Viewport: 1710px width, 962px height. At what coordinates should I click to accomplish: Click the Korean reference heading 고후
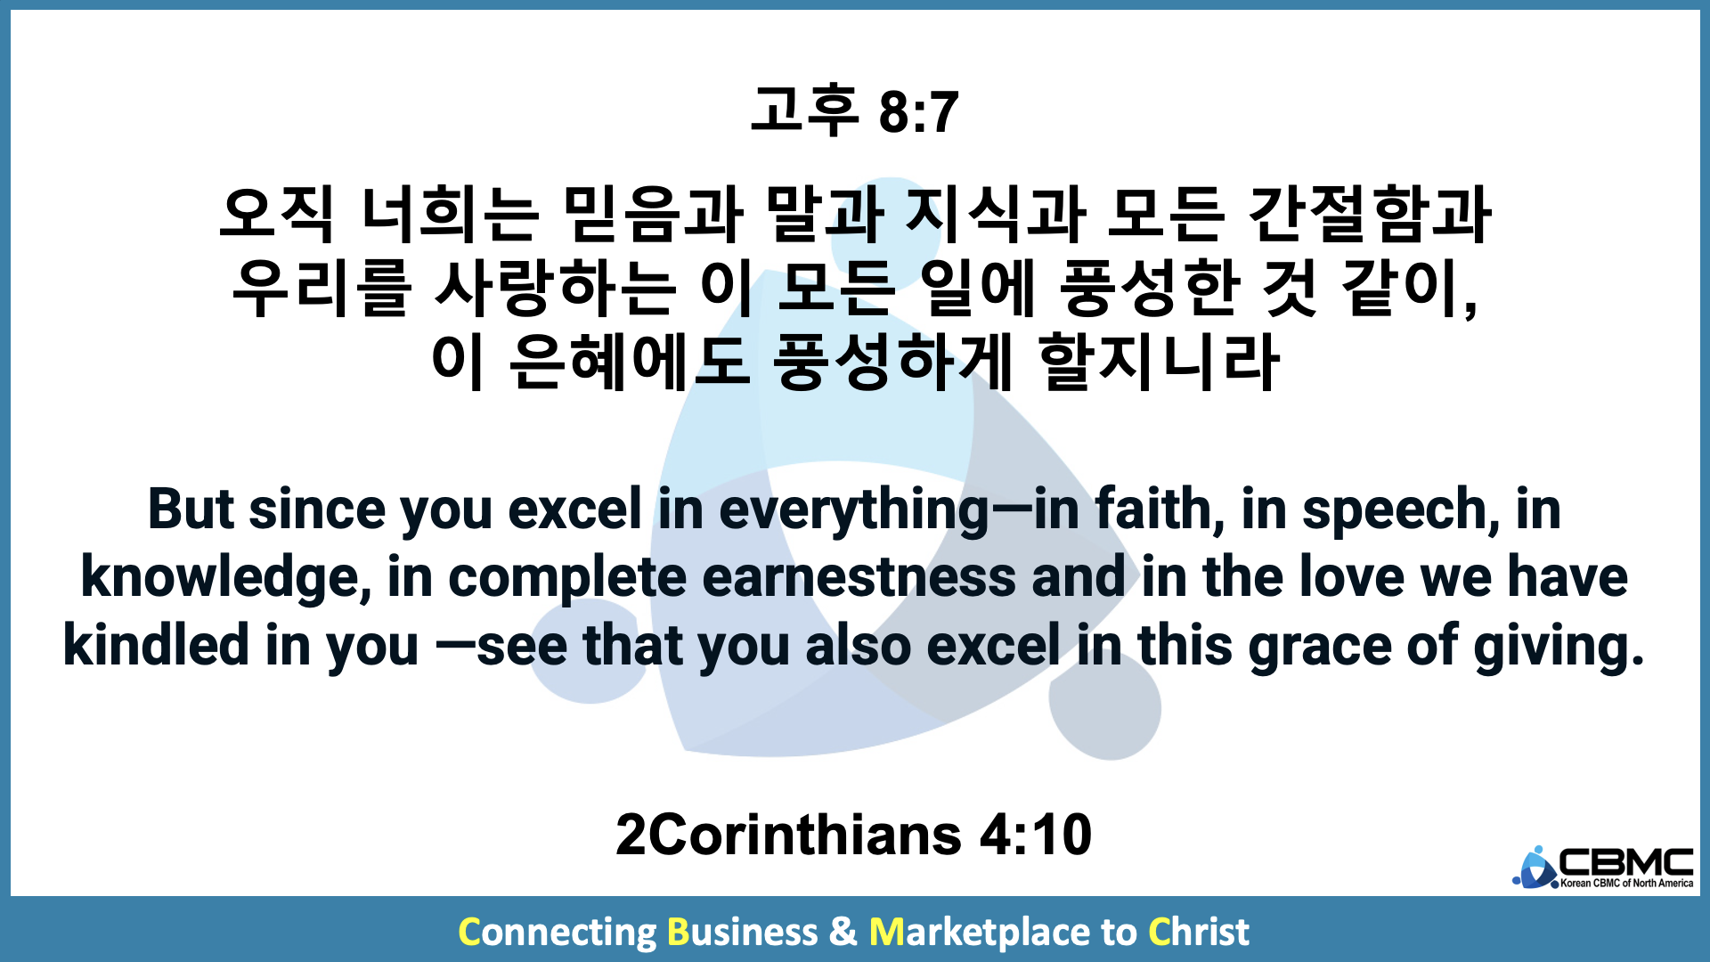tap(804, 110)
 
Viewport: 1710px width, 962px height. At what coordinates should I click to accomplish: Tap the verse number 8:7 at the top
tap(919, 112)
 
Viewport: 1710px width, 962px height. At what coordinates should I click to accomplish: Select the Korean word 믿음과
tap(653, 215)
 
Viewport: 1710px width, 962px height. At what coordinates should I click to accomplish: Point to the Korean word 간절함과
tap(1370, 215)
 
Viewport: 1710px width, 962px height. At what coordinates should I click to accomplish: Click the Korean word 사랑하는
tap(554, 289)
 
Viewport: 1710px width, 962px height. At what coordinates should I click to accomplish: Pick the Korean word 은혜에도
tap(630, 362)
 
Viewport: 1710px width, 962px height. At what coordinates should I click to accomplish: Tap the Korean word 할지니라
tap(1160, 362)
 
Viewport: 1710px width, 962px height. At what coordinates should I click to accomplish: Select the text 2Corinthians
tap(788, 835)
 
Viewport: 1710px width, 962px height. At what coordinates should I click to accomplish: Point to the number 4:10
tap(1036, 835)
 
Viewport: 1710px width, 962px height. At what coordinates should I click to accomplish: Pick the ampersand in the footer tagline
tap(843, 932)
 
